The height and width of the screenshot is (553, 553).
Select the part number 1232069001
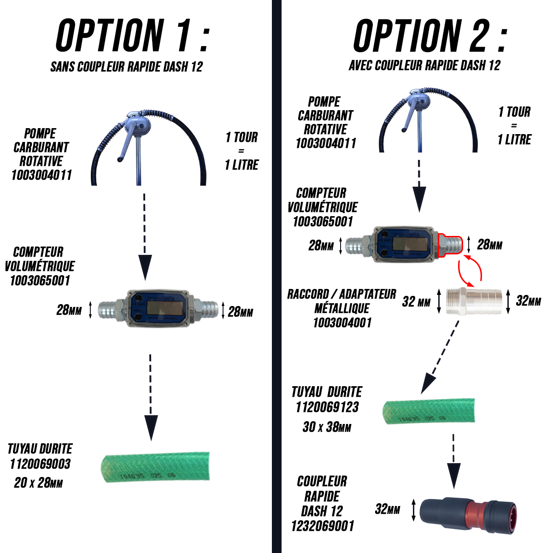323,526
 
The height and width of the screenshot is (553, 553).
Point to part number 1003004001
342,323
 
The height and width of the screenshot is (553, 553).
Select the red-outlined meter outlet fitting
449,244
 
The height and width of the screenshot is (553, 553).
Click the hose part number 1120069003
40,464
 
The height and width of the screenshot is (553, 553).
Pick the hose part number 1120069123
327,407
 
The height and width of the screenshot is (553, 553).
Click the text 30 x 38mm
327,427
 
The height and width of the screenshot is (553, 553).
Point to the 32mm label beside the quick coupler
388,509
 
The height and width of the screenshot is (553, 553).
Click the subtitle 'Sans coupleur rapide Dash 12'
127,67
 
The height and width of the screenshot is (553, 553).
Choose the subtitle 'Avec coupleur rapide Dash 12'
424,65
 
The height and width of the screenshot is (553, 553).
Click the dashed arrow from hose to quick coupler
454,461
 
